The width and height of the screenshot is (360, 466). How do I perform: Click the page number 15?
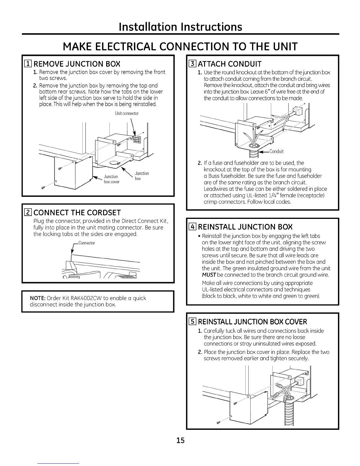tap(180, 440)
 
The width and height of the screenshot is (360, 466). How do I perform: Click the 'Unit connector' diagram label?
tap(126, 113)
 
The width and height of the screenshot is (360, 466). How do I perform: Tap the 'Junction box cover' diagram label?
tap(111, 179)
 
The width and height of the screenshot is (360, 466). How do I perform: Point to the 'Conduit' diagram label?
tap(276, 152)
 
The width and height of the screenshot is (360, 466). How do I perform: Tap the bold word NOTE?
tap(38, 298)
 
